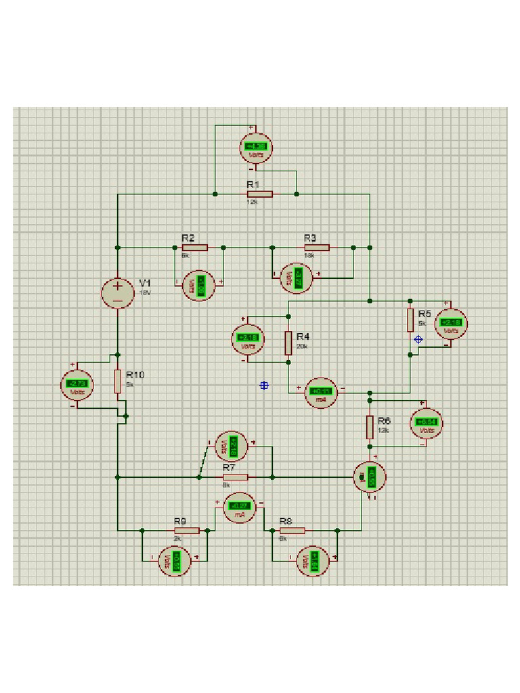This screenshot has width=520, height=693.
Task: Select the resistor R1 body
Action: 259,194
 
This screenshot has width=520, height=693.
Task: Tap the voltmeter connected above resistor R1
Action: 256,148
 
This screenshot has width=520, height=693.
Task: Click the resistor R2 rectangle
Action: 194,248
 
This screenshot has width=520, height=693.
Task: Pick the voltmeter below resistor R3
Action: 297,277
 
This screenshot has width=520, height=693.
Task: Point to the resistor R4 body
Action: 288,343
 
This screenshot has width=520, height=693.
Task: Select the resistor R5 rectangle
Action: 410,320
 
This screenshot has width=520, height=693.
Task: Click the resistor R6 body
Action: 370,427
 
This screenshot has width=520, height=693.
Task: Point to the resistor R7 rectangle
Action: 235,477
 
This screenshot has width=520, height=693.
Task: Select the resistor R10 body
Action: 118,381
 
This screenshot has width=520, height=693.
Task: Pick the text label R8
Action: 285,521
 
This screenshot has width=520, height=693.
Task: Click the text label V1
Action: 146,282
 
